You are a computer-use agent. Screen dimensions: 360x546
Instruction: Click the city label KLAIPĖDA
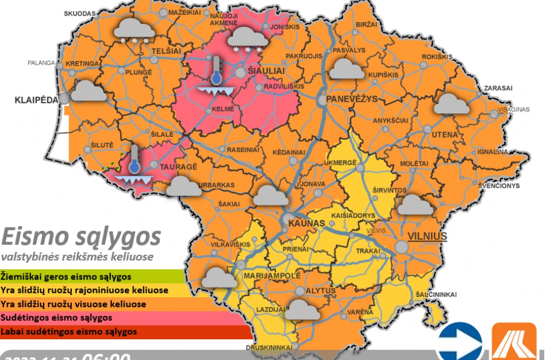pos(36,99)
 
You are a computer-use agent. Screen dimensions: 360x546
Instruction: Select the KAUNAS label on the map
pos(306,223)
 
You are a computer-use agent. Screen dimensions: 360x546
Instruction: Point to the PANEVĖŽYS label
pos(352,99)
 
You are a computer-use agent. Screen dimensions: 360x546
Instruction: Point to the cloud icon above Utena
pos(452,104)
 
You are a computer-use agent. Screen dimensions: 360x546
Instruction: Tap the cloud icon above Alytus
pos(302,309)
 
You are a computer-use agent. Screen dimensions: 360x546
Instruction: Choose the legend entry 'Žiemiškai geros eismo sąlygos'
pos(66,277)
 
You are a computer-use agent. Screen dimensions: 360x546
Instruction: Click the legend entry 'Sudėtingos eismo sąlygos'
pos(56,317)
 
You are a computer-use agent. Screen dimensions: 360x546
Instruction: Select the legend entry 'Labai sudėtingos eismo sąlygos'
pos(69,332)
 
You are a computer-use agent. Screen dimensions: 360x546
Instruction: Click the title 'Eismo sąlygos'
pos(80,236)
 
